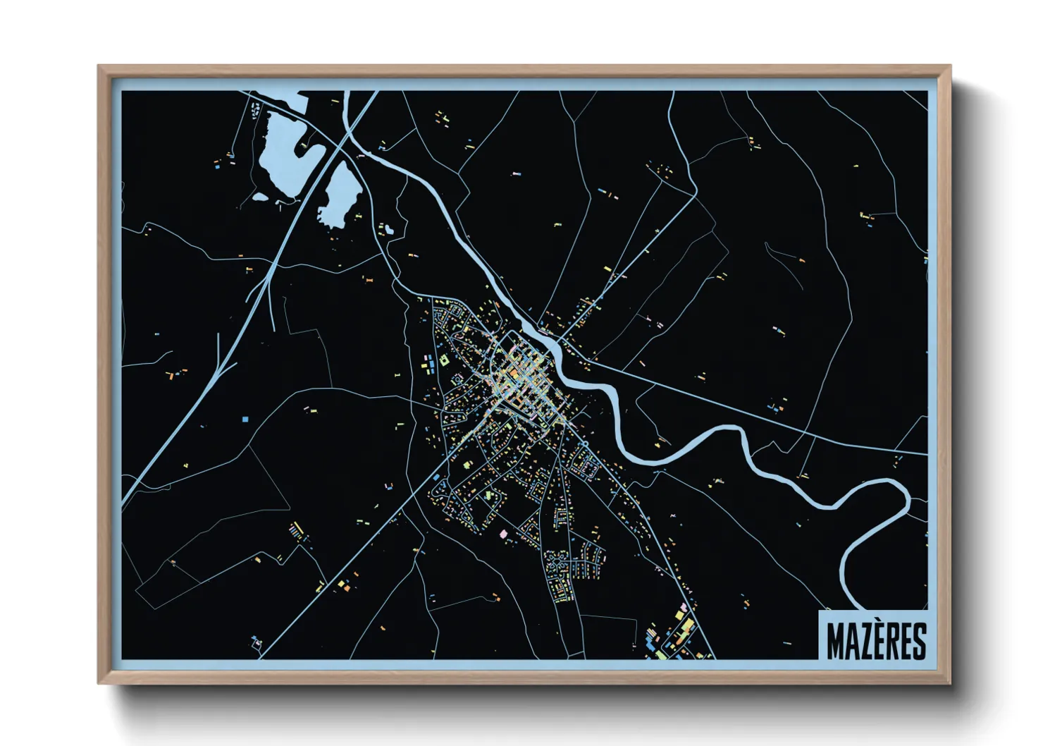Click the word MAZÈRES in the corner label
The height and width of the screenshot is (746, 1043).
876,640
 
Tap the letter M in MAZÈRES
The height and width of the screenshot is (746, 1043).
835,640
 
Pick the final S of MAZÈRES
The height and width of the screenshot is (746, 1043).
918,640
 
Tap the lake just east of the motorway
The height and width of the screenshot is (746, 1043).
340,194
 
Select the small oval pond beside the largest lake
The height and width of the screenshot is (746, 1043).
260,197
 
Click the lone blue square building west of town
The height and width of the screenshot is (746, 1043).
245,419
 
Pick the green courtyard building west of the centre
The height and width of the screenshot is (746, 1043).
444,360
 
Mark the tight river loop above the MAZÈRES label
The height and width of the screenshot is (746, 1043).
877,536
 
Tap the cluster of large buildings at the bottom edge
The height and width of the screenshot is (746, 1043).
673,635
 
